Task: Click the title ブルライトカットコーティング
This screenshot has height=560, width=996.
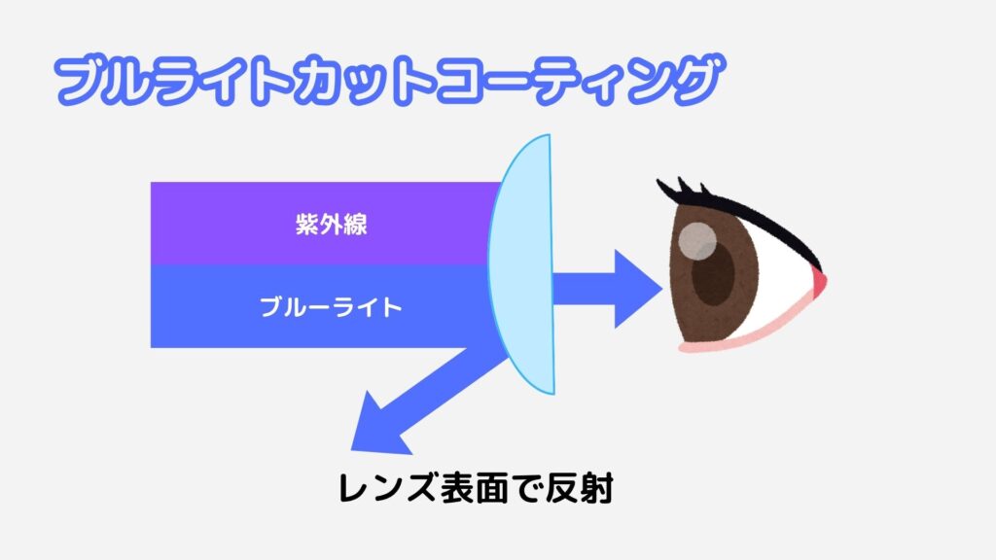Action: [389, 80]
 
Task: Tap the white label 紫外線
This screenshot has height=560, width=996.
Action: [331, 225]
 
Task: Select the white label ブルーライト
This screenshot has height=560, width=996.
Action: [331, 307]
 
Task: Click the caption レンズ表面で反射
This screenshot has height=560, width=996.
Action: [476, 488]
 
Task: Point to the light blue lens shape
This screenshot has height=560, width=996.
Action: [522, 264]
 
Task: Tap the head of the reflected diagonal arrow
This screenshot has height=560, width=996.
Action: [379, 427]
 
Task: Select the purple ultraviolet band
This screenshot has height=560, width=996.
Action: [324, 224]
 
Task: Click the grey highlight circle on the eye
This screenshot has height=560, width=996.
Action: [696, 241]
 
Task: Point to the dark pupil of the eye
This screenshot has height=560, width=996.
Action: [713, 274]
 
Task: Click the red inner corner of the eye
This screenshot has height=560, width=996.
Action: [819, 281]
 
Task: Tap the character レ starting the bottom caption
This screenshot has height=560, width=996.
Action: [353, 489]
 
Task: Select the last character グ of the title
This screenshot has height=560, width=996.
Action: [698, 79]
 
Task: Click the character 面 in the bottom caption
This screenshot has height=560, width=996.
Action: [495, 488]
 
